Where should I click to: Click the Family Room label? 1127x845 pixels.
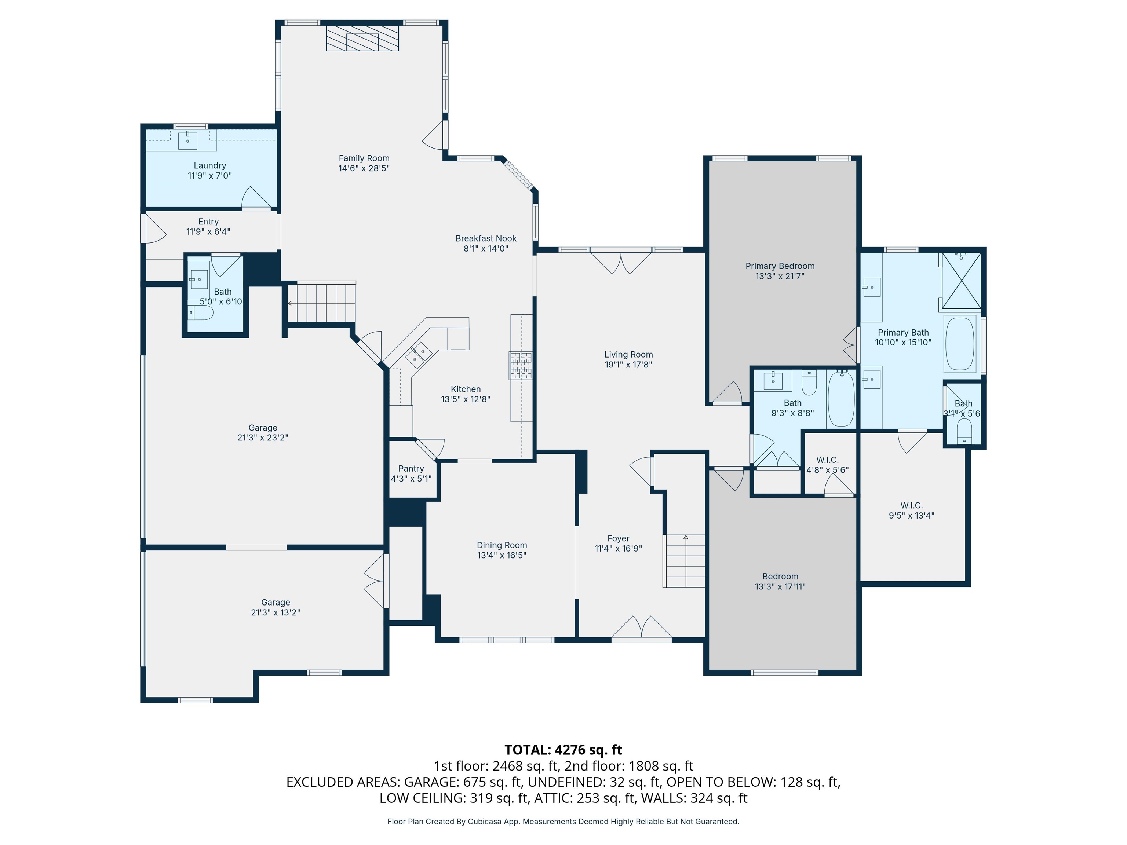pyautogui.click(x=364, y=158)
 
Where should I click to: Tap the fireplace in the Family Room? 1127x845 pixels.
pyautogui.click(x=362, y=39)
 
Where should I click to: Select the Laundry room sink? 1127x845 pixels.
pyautogui.click(x=187, y=140)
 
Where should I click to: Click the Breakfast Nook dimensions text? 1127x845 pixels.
pyautogui.click(x=486, y=249)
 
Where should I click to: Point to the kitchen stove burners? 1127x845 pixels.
pyautogui.click(x=520, y=366)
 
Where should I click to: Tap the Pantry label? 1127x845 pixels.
pyautogui.click(x=411, y=469)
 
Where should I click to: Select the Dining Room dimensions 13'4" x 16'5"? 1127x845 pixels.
pyautogui.click(x=502, y=555)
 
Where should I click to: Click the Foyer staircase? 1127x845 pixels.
pyautogui.click(x=684, y=561)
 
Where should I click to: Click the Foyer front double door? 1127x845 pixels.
pyautogui.click(x=641, y=628)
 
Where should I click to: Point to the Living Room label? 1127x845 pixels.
pyautogui.click(x=628, y=355)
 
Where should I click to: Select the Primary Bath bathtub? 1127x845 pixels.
pyautogui.click(x=960, y=344)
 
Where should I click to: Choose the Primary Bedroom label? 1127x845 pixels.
pyautogui.click(x=780, y=266)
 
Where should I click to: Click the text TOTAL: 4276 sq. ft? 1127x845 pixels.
pyautogui.click(x=563, y=750)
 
